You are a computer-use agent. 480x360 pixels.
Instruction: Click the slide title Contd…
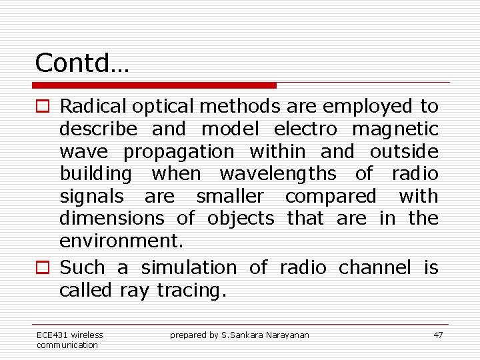[x=82, y=63]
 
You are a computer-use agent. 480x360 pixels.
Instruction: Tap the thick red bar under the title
[x=155, y=85]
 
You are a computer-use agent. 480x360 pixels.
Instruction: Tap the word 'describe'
[x=98, y=129]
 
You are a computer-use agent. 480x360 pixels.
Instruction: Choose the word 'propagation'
[x=179, y=152]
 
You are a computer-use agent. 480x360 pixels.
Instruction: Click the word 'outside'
[x=404, y=151]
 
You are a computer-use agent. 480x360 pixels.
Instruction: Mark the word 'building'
[x=96, y=175]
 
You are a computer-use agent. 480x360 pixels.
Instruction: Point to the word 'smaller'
[x=230, y=197]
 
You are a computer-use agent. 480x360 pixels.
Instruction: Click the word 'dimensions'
[x=111, y=219]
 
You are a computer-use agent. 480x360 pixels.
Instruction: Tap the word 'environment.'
[x=111, y=241]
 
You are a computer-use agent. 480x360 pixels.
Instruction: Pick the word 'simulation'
[x=189, y=268]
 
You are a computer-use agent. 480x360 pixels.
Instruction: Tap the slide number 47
[x=438, y=335]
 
